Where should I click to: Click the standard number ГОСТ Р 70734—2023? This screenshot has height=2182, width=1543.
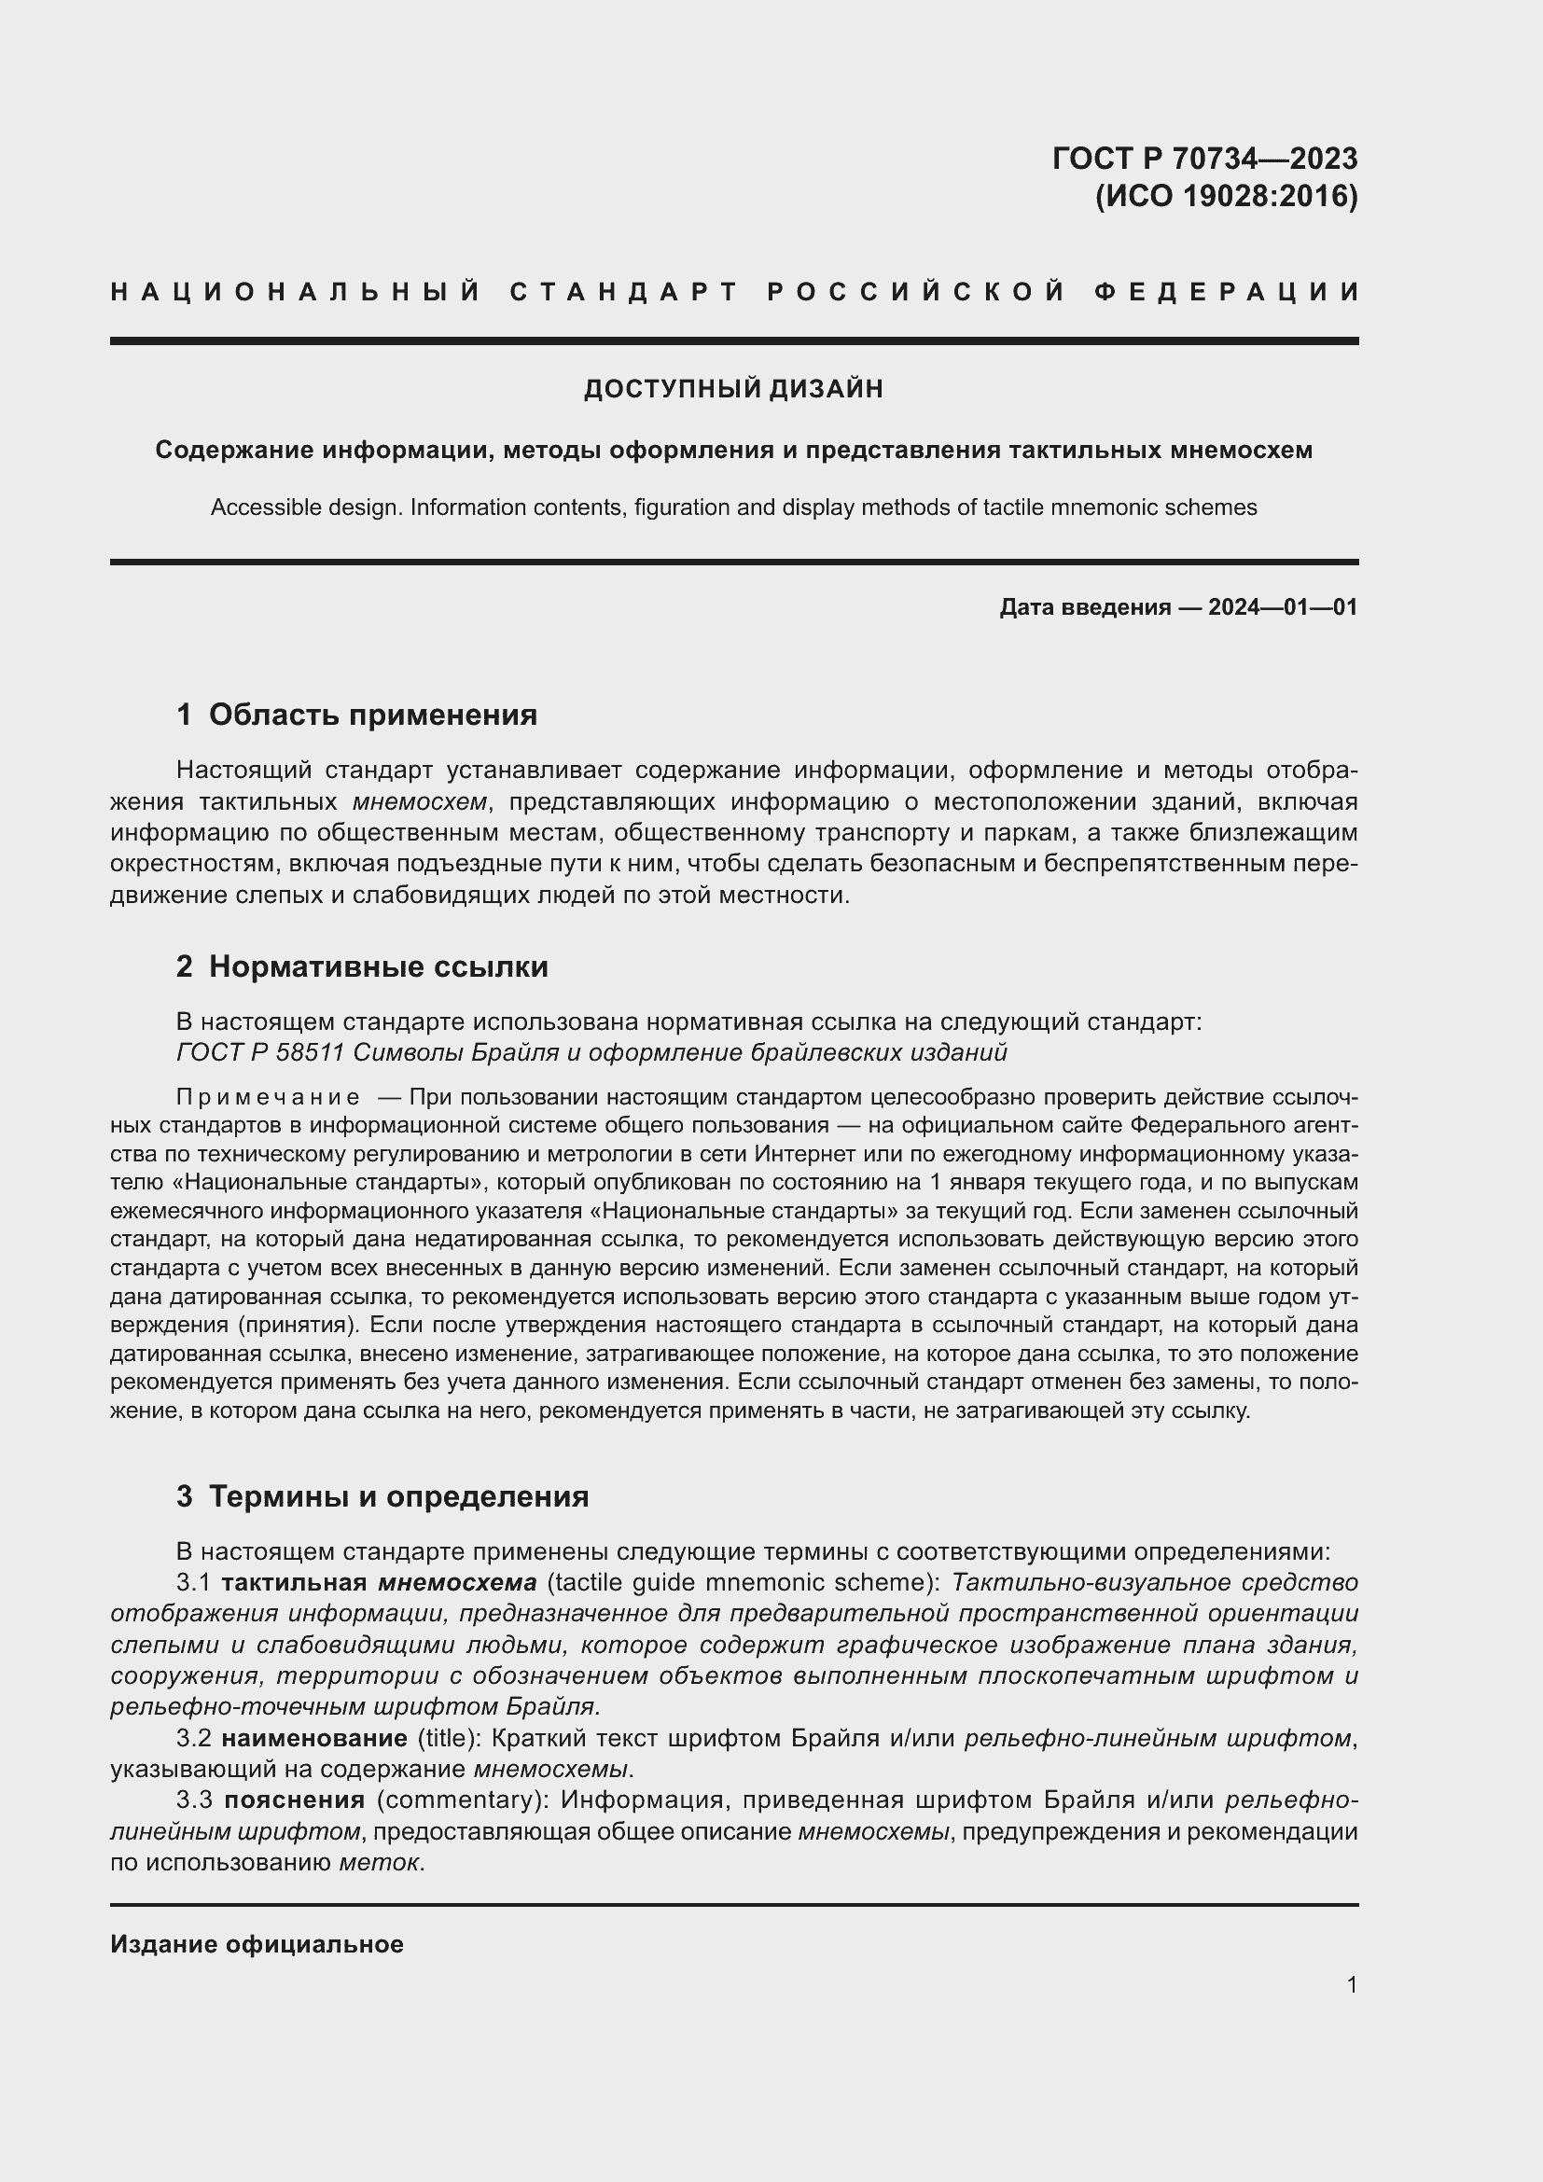click(1203, 158)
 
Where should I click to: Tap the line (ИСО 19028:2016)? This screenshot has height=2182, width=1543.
click(1226, 196)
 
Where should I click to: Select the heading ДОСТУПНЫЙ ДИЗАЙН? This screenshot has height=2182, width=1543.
click(733, 389)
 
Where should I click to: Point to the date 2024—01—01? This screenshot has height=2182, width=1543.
click(1283, 607)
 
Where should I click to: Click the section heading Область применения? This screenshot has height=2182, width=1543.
click(372, 715)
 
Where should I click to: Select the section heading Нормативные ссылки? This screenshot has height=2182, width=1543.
click(378, 966)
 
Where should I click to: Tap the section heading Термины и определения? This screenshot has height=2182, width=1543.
click(398, 1495)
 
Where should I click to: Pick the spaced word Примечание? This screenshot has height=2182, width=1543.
click(268, 1098)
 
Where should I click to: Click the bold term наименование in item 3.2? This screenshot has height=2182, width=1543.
click(314, 1738)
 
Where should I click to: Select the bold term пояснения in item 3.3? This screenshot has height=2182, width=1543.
click(295, 1799)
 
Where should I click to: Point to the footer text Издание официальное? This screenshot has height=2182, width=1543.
click(257, 1943)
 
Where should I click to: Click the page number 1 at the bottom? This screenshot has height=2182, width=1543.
click(1351, 1984)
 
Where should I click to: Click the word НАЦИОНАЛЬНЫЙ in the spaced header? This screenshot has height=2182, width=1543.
click(296, 292)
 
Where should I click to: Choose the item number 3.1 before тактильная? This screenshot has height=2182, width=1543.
click(194, 1582)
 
